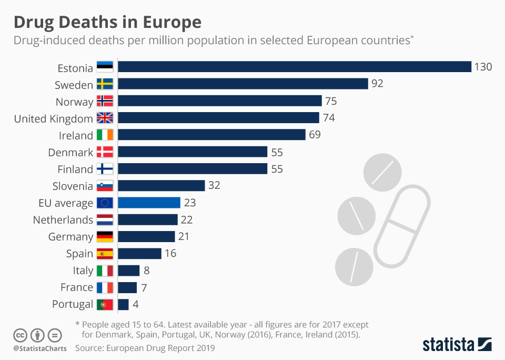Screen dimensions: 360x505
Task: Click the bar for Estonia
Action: point(294,67)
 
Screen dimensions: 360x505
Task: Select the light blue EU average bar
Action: point(149,203)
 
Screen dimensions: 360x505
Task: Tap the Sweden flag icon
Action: point(105,84)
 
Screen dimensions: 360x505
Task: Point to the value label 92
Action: point(377,84)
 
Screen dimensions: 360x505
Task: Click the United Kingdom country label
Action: point(53,118)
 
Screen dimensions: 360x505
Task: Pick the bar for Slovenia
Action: point(161,185)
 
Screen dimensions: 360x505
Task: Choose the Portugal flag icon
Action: point(105,304)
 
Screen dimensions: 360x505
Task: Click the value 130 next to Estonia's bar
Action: point(483,67)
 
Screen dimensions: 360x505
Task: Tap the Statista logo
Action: point(457,345)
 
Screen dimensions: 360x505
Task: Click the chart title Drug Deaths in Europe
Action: point(107,22)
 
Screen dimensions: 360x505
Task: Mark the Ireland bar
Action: point(211,135)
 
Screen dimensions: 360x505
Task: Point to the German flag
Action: point(105,236)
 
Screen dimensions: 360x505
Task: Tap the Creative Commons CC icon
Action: point(20,335)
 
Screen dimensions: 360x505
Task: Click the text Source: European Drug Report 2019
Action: point(145,348)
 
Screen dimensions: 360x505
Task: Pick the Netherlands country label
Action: point(63,219)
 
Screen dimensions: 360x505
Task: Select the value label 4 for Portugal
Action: point(136,304)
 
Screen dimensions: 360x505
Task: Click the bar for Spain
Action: point(139,253)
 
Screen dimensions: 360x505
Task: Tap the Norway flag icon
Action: point(105,101)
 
